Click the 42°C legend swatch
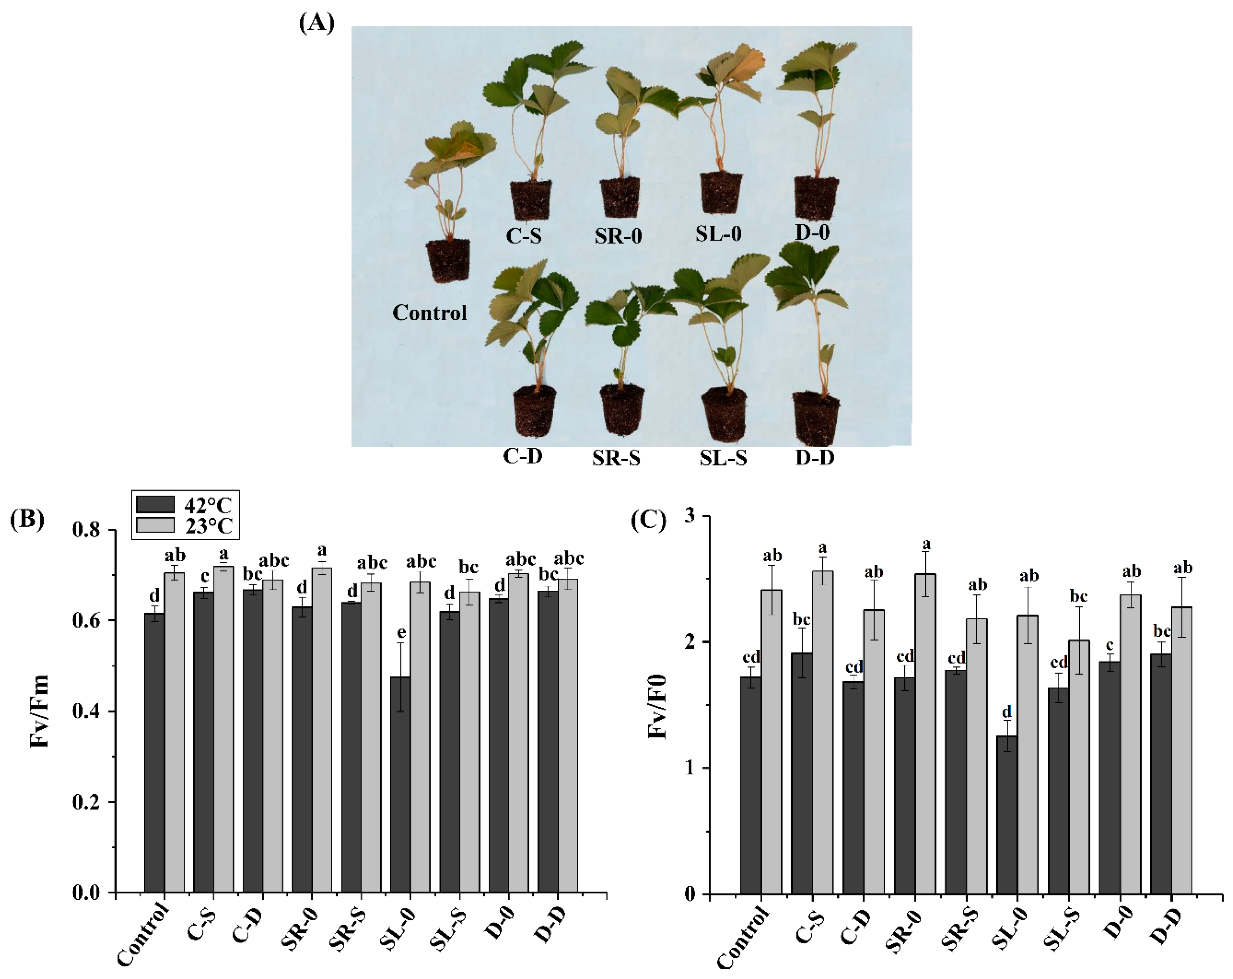click(155, 504)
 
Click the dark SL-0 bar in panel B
click(400, 784)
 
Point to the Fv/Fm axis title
click(39, 711)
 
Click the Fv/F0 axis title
click(658, 707)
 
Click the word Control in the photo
click(429, 313)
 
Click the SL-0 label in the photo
click(718, 233)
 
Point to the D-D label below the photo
click(814, 458)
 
